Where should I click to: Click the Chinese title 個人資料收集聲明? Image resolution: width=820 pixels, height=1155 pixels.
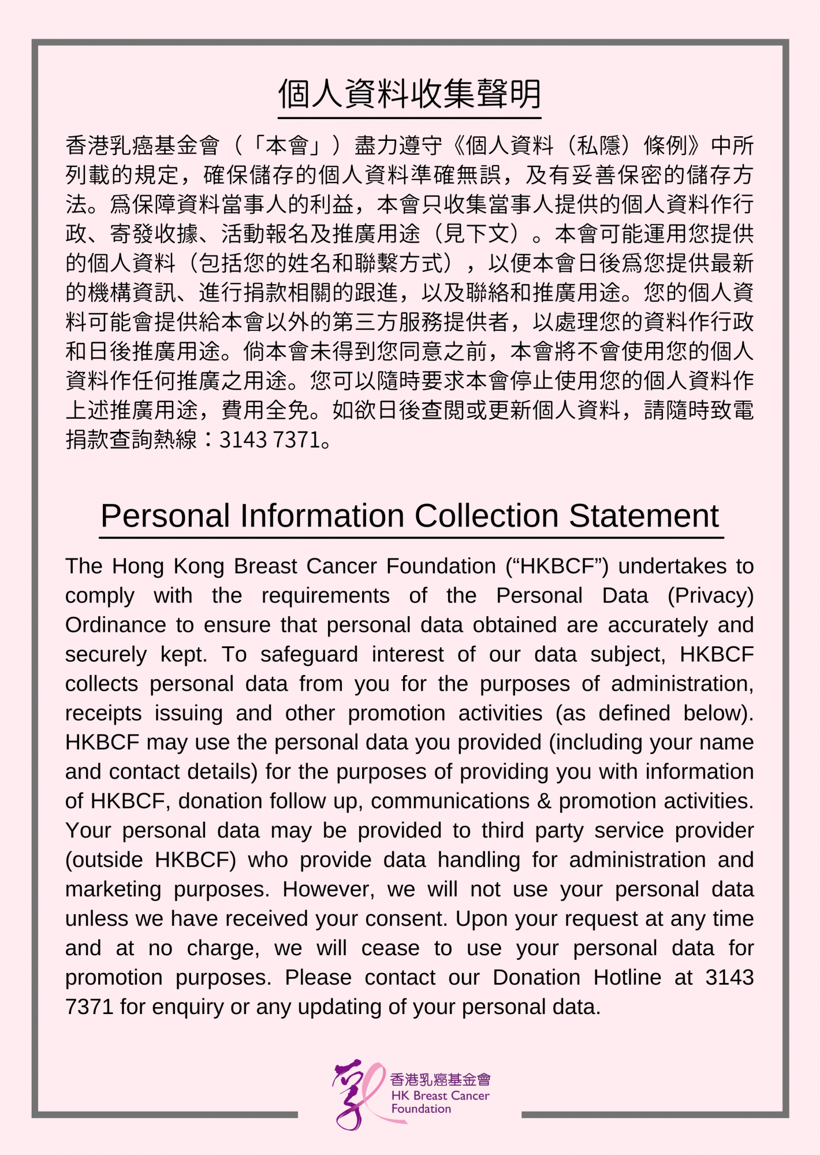tap(409, 94)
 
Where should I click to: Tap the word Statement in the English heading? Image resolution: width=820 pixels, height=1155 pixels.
tap(643, 516)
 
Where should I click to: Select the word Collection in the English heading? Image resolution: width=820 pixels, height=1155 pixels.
tap(486, 516)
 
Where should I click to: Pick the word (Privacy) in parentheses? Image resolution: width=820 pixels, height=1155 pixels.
tap(710, 596)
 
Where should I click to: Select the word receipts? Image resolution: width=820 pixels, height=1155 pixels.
tap(103, 714)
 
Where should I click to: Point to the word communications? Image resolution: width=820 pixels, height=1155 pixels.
tap(450, 802)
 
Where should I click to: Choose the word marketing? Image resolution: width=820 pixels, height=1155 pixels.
tap(113, 890)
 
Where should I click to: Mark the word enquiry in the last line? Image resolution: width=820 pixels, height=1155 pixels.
tap(189, 1008)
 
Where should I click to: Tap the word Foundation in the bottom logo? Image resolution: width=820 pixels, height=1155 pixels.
tap(421, 1109)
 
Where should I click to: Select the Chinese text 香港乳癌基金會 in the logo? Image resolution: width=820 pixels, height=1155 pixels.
tap(440, 1079)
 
